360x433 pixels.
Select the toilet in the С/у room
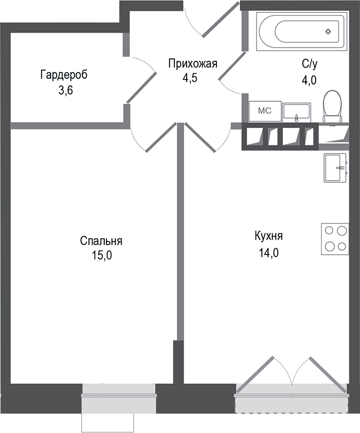(x=332, y=106)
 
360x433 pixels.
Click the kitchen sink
(x=335, y=167)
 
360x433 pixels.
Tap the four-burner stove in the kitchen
(x=335, y=239)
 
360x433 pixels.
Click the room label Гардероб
(x=64, y=75)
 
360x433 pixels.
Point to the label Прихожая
(x=193, y=64)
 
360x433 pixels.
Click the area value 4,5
(x=190, y=79)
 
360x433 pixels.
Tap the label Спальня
(x=101, y=241)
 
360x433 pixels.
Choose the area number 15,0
(x=101, y=256)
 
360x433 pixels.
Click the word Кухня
(x=268, y=236)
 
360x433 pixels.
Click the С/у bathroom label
(x=310, y=64)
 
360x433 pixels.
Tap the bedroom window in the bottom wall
(x=118, y=395)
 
